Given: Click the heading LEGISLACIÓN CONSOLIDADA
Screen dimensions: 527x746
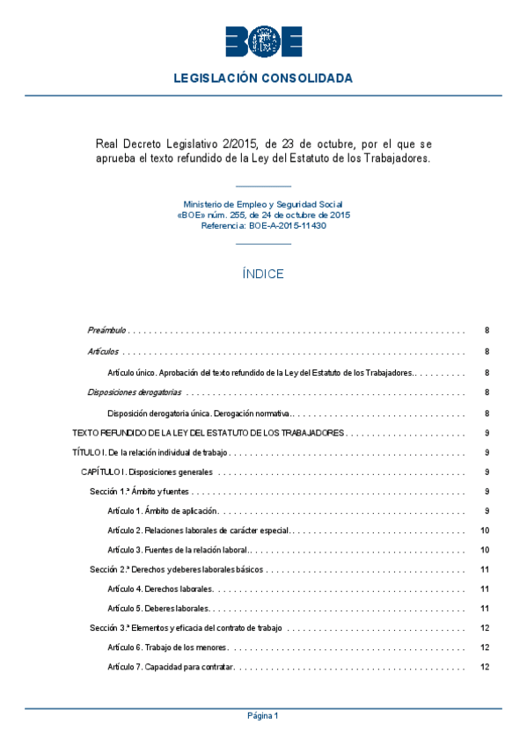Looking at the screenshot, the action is coord(263,78).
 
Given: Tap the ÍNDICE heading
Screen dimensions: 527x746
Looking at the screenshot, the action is coord(263,274).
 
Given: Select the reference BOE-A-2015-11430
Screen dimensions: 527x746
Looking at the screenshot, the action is coord(288,225).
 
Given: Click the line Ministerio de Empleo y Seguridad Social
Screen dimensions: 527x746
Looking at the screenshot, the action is coord(263,203).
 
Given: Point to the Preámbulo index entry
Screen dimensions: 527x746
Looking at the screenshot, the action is coord(107,331).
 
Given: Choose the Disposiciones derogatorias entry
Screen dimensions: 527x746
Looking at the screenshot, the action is coord(135,392).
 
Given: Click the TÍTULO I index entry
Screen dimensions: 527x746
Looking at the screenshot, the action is coord(150,453).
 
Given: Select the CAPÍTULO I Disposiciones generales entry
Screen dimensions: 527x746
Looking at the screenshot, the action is coord(145,472).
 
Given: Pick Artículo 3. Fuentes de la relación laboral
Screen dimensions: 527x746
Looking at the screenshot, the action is coord(177,550).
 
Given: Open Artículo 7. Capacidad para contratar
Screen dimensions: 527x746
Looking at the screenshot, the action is coord(170,668).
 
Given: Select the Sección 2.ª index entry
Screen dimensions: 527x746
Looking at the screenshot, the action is coord(175,569).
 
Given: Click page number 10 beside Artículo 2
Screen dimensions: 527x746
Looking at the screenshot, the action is coord(485,530).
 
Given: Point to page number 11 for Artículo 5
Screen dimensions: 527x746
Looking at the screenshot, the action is coord(485,608).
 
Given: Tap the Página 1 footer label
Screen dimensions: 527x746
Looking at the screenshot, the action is coord(263,716).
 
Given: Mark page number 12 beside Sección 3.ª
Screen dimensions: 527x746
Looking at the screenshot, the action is coord(485,628).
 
